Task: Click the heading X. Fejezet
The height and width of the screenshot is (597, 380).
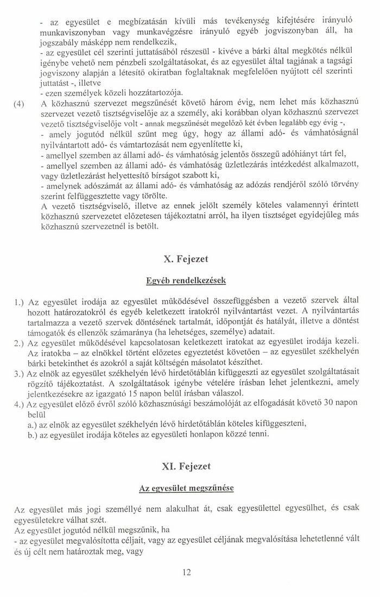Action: pos(186,259)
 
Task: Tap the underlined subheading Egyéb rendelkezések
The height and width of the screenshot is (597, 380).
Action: pos(186,281)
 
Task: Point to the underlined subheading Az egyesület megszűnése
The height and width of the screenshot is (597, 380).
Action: pos(186,488)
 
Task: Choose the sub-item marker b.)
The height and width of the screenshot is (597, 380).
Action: pos(36,434)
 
